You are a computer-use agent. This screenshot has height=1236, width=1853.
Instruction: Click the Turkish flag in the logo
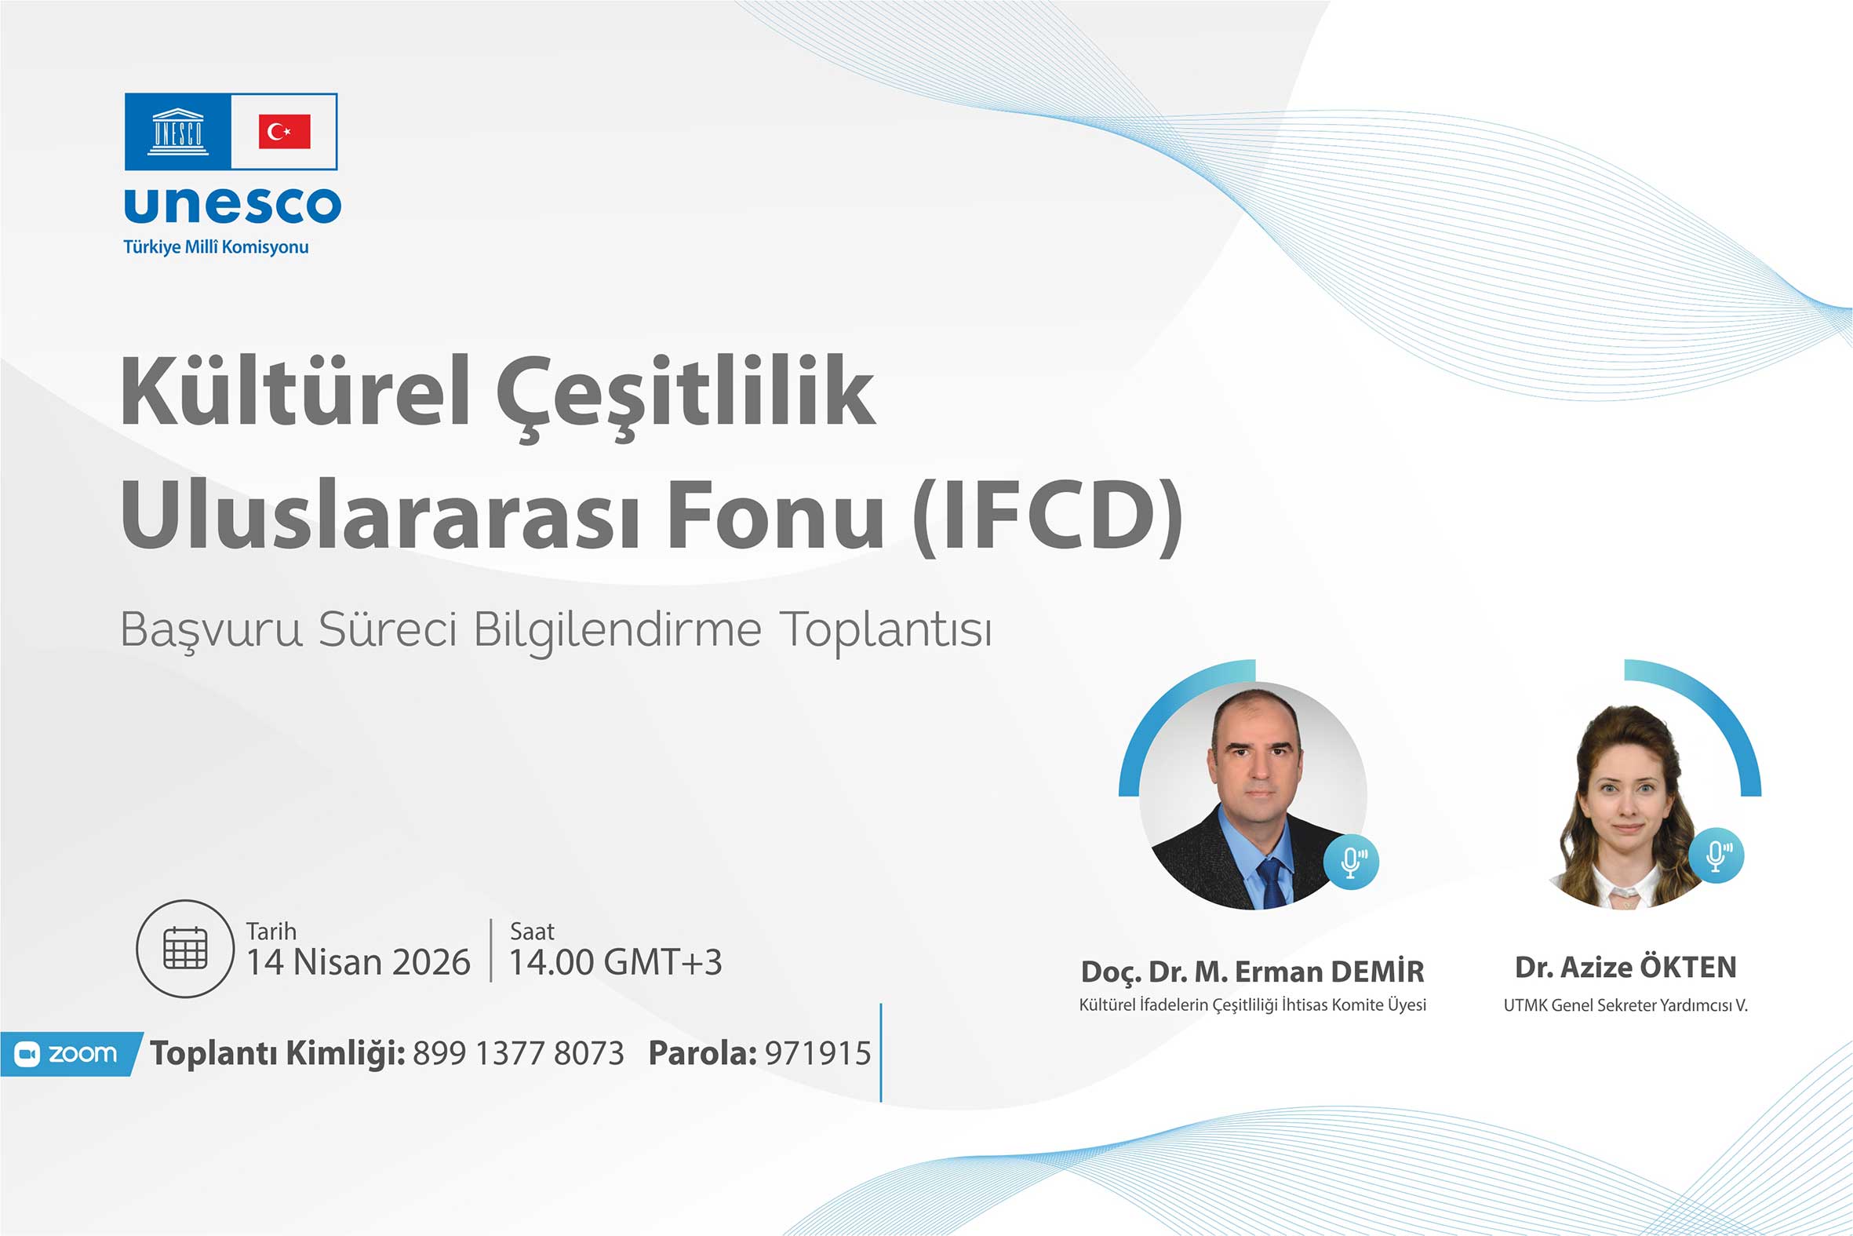coord(285,131)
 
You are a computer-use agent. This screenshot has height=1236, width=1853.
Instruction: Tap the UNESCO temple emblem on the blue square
coord(178,131)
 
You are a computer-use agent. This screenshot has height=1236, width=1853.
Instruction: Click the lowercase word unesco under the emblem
coord(232,205)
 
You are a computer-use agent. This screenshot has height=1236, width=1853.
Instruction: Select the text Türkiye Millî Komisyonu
coord(216,246)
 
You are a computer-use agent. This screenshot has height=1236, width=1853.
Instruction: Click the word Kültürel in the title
coord(296,391)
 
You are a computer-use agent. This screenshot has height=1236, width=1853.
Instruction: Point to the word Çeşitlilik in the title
coord(686,396)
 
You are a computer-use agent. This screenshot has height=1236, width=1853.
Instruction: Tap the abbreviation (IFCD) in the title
coord(1048,516)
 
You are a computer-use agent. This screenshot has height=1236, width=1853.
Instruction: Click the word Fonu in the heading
coord(776,516)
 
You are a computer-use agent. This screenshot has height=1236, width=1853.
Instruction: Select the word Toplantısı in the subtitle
coord(886,631)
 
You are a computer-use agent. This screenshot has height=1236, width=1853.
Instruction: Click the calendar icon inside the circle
coord(185,948)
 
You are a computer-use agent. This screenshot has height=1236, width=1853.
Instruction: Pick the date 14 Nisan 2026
coord(359,962)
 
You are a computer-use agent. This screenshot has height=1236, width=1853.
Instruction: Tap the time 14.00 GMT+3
coord(615,962)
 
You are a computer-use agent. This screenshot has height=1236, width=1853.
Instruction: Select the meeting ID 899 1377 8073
coord(519,1053)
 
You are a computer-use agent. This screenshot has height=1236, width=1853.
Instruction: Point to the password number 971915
coord(817,1053)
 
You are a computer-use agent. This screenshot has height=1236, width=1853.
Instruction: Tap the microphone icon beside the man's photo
coord(1351,862)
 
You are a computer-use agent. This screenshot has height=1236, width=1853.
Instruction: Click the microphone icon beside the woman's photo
coord(1716,855)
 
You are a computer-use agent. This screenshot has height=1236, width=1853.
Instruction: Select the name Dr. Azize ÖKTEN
coord(1625,967)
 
